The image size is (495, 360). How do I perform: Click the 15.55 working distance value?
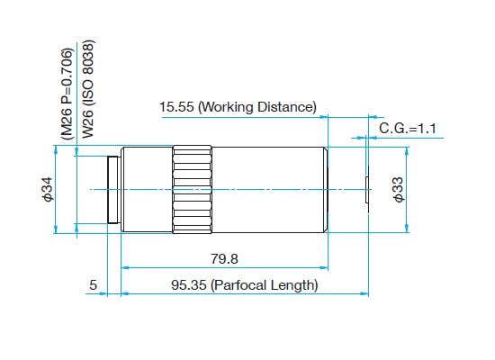click(x=176, y=107)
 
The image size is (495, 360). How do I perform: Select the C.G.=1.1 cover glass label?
click(x=408, y=129)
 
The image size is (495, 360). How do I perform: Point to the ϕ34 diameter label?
click(x=49, y=189)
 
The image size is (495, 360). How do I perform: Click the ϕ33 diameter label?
click(x=399, y=190)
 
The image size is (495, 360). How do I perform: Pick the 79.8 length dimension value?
click(x=224, y=259)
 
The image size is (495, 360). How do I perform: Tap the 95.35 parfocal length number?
click(x=189, y=285)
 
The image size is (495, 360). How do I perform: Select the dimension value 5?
click(x=93, y=285)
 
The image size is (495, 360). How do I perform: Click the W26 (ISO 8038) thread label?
click(x=88, y=89)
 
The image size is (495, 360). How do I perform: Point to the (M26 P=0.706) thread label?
click(x=67, y=94)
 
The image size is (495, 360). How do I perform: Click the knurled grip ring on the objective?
click(x=192, y=190)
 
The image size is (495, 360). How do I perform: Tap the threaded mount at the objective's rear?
click(x=114, y=190)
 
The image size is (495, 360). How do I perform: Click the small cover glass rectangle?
click(x=367, y=190)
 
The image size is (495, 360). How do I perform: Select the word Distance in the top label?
click(x=286, y=107)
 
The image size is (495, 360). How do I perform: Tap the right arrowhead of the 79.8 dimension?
click(x=324, y=268)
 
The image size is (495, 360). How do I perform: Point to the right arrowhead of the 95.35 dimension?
click(x=364, y=294)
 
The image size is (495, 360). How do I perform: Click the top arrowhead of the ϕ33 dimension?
click(x=407, y=151)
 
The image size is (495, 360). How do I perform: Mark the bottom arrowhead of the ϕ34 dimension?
click(x=56, y=229)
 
